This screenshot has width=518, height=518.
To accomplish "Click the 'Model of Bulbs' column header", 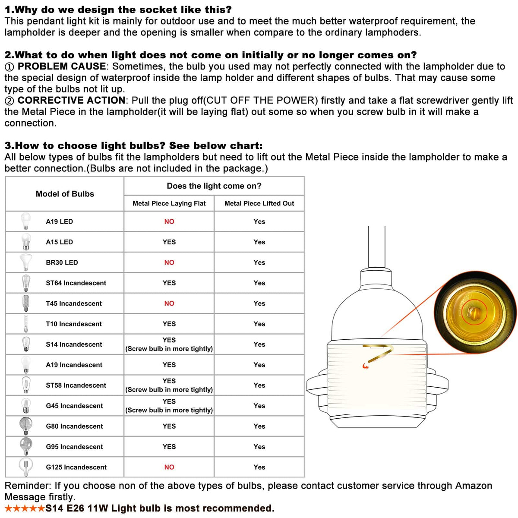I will click(65, 194).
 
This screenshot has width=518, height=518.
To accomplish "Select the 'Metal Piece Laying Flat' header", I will click(169, 203).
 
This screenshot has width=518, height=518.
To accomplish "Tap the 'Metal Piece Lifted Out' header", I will click(259, 203).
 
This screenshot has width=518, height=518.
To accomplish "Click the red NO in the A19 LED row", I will click(169, 221).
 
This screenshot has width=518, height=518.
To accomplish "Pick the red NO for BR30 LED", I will click(169, 262).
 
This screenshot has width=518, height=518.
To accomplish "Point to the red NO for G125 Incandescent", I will click(169, 467).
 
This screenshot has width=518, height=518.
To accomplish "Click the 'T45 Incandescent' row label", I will click(74, 303).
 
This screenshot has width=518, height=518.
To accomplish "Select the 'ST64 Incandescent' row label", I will click(76, 283).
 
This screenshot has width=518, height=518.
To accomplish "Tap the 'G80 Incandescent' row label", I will click(74, 426).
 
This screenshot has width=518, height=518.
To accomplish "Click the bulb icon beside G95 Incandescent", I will click(26, 446).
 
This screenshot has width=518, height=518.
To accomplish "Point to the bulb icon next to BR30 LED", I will click(26, 262).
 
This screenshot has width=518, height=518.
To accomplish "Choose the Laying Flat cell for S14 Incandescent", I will click(169, 344).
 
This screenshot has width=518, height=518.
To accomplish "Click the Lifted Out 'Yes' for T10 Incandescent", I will click(259, 324).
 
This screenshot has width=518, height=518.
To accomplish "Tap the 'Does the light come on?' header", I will click(214, 186).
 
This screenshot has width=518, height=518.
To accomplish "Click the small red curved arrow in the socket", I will click(366, 366).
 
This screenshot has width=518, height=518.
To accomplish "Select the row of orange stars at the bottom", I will click(25, 509).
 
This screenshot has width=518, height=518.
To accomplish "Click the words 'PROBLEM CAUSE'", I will click(62, 66).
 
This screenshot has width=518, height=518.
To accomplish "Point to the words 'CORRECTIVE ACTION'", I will click(72, 101).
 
